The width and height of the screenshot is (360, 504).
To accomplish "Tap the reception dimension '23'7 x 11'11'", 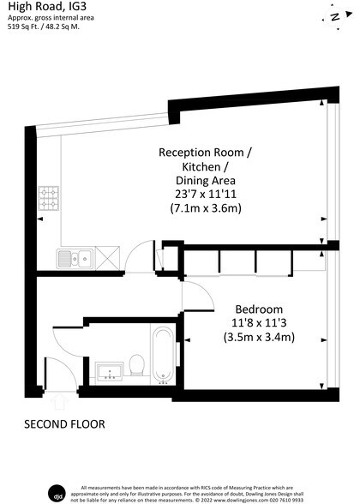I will point(206,194).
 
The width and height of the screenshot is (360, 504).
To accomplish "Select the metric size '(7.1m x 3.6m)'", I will point(206,208).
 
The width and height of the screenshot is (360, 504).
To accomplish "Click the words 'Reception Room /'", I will point(206,152).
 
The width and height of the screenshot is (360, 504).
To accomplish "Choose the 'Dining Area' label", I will point(206,180).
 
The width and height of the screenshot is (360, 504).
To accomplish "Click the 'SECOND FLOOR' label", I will point(64,424).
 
